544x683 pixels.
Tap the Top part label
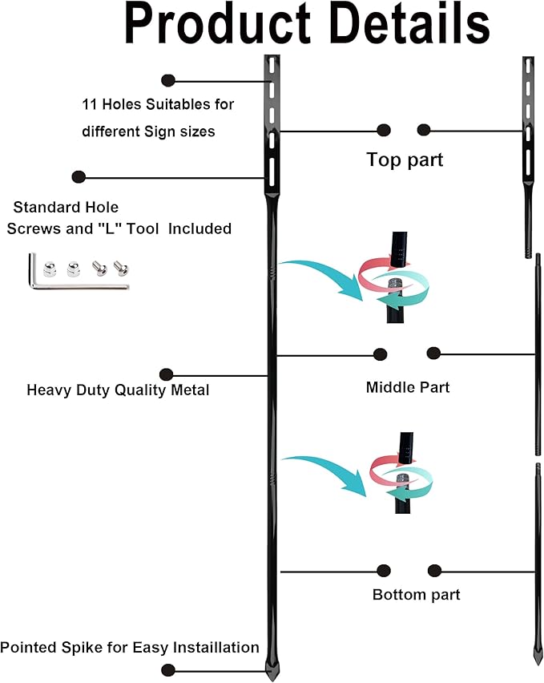405,159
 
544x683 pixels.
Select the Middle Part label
408,387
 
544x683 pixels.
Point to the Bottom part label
416,595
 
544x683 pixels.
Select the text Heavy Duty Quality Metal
118,390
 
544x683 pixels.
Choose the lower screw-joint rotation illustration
400,478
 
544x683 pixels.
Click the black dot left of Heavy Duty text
166,374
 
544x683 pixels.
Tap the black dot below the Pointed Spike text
167,669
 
